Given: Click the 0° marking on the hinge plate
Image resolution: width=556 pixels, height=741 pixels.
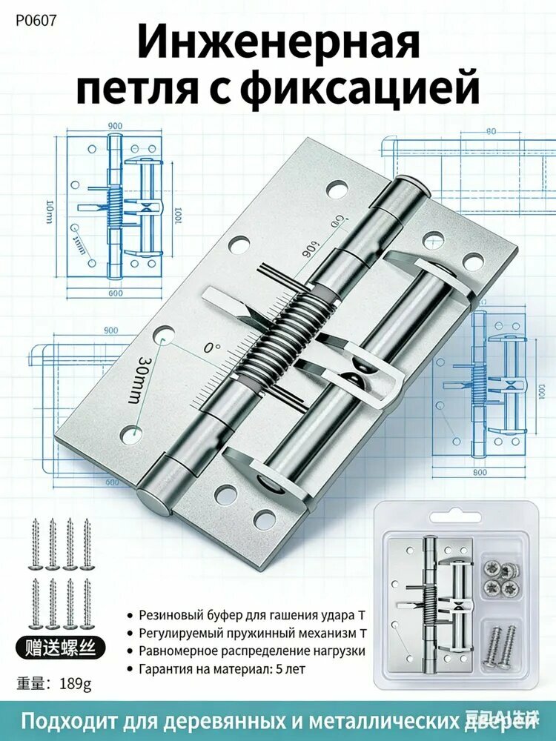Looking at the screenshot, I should (213, 348).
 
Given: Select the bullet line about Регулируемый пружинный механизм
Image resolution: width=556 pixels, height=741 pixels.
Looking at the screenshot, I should (250, 634).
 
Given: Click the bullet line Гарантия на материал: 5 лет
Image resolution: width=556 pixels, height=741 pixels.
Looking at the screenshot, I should (222, 668).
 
